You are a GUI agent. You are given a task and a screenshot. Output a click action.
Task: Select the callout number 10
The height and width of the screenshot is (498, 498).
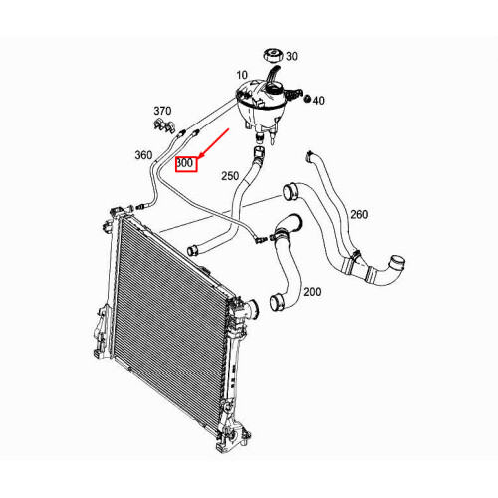(242, 76)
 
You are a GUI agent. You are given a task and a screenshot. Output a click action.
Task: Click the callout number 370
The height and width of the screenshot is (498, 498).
(162, 110)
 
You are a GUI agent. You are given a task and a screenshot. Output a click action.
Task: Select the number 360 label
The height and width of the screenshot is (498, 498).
(143, 155)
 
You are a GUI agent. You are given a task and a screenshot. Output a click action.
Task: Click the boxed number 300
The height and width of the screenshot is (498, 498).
(186, 162)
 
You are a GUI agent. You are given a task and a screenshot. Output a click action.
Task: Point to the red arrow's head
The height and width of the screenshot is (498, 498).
(201, 156)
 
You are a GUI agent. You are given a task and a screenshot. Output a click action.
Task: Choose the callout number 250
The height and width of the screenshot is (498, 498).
(230, 176)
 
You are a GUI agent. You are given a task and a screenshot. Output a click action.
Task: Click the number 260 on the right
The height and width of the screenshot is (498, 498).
(358, 214)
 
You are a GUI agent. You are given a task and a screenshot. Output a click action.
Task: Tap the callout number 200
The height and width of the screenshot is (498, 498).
(311, 292)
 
